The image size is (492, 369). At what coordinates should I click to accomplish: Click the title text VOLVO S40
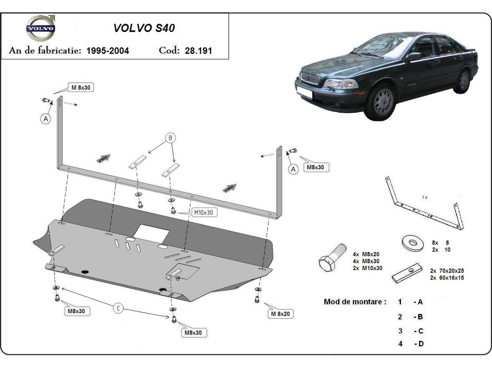(144, 28)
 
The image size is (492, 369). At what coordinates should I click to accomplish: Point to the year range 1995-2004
(108, 50)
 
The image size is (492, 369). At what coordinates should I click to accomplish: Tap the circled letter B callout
(170, 138)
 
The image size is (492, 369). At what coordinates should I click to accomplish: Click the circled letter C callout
(118, 308)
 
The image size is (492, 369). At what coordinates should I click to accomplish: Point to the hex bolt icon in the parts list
(332, 257)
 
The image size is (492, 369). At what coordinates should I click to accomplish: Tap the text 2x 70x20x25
(446, 271)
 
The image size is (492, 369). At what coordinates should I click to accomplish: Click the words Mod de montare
(355, 302)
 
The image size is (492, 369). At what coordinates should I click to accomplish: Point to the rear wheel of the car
(463, 81)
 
